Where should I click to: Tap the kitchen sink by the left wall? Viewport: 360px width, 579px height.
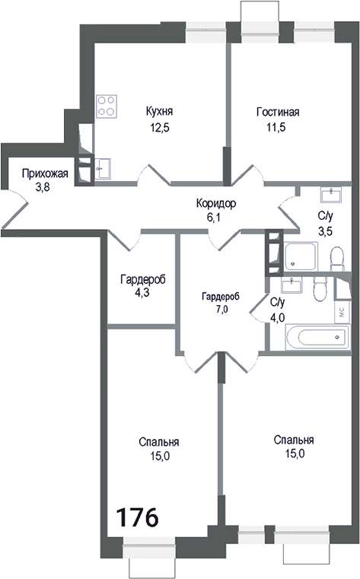[103, 167]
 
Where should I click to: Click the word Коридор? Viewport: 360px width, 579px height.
[215, 203]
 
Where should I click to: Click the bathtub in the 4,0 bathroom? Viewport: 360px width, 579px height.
[312, 338]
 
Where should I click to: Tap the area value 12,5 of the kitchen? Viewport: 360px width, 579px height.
[160, 128]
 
